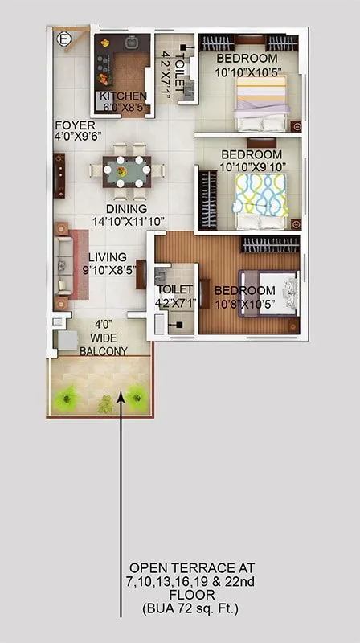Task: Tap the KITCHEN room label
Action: [122, 96]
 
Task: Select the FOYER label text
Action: [75, 125]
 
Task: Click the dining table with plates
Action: [129, 170]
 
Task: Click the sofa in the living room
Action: [63, 264]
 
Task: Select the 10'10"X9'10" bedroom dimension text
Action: [252, 166]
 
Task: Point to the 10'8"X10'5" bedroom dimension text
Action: [245, 304]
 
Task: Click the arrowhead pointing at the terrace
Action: [121, 393]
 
